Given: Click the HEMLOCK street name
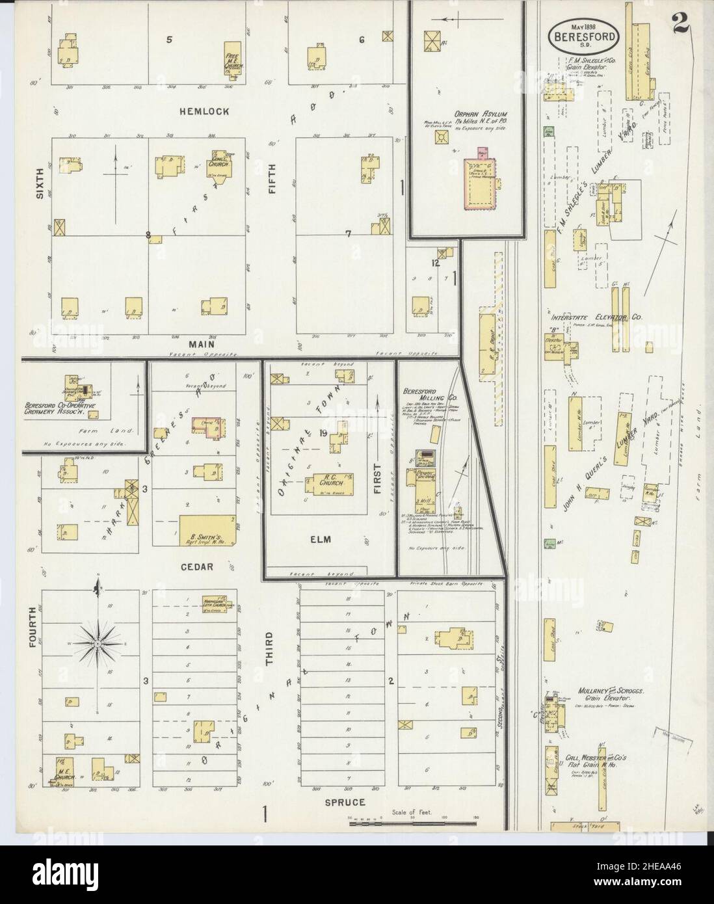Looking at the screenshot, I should [204, 111].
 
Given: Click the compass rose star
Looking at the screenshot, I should [96, 643].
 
